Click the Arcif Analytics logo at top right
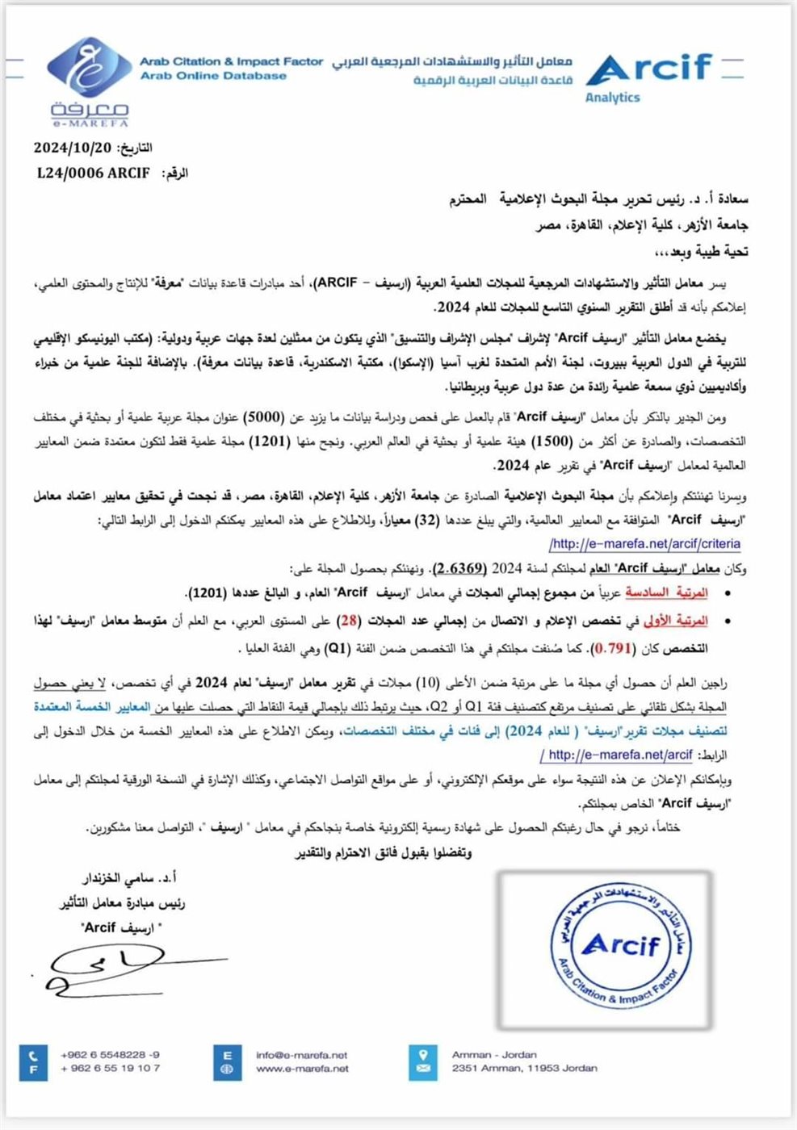pyautogui.click(x=651, y=77)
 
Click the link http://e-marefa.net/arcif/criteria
pyautogui.click(x=644, y=544)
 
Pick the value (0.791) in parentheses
pyautogui.click(x=612, y=648)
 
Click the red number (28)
pyautogui.click(x=349, y=620)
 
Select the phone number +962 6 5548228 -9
pyautogui.click(x=110, y=1055)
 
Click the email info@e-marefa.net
pyautogui.click(x=301, y=1055)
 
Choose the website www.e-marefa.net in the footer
pyautogui.click(x=302, y=1069)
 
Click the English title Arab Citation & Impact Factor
pyautogui.click(x=231, y=61)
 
